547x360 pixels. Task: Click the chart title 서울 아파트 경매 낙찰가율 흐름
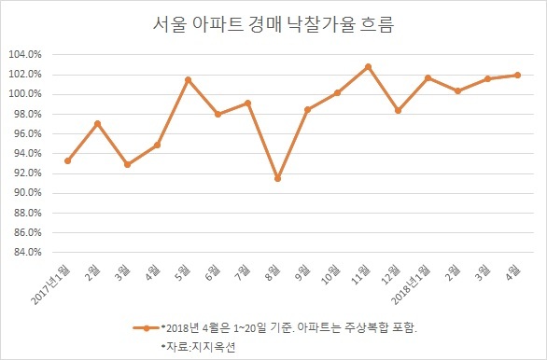(273, 25)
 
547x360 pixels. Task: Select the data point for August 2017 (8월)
(277, 178)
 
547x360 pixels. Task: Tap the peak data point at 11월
(368, 66)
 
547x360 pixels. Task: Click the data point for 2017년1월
(68, 160)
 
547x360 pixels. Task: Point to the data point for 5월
(188, 80)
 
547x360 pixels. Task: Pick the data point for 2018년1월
(428, 77)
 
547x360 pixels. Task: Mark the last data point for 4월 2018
(517, 75)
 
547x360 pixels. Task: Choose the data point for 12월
(398, 110)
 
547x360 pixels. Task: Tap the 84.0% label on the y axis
(28, 252)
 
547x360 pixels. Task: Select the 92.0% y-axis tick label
(28, 173)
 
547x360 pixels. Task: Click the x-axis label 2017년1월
(50, 284)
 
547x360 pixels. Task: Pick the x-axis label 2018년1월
(411, 284)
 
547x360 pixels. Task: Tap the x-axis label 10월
(330, 274)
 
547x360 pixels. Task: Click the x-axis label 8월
(273, 271)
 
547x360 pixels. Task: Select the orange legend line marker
(147, 328)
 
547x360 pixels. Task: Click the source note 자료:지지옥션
(198, 347)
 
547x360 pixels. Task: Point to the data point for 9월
(307, 109)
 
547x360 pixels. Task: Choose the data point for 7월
(247, 104)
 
